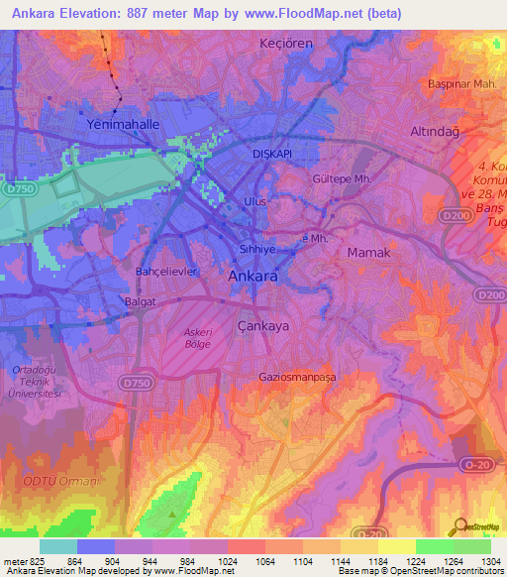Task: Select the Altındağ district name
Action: pyautogui.click(x=438, y=132)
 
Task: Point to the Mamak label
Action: pyautogui.click(x=369, y=254)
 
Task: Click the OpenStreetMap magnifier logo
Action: pyautogui.click(x=460, y=526)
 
